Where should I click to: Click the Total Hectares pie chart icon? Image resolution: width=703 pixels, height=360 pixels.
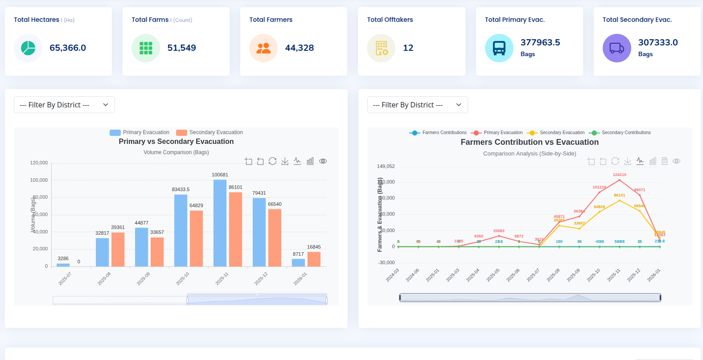point(28,48)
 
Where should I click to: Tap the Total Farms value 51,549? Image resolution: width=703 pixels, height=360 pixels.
point(181,48)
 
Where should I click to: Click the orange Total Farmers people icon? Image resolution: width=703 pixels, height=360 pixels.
point(263,48)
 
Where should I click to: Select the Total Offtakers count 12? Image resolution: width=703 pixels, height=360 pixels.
point(408,48)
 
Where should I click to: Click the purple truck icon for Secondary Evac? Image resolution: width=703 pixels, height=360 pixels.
point(617,48)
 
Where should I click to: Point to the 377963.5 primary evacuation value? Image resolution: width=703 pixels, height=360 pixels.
point(540,42)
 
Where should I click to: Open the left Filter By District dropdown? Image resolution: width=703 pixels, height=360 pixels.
point(64,105)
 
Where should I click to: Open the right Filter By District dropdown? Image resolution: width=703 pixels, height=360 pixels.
point(417,105)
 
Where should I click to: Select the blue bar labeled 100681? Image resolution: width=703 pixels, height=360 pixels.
point(220,223)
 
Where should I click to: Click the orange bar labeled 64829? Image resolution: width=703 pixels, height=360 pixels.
point(196,238)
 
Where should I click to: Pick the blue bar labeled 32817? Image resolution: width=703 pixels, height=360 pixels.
point(102,252)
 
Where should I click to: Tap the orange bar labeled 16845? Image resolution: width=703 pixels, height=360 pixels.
point(314,259)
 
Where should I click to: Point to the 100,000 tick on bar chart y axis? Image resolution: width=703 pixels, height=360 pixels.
point(39,180)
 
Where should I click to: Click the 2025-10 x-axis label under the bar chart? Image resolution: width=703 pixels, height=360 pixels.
point(183,278)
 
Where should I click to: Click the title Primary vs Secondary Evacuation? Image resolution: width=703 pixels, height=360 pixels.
point(176,141)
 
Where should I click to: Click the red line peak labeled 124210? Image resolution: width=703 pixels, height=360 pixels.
point(619,180)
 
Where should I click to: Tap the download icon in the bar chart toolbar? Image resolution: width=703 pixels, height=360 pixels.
point(285,161)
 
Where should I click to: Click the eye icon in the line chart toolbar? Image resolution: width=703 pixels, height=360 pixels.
point(676,161)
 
